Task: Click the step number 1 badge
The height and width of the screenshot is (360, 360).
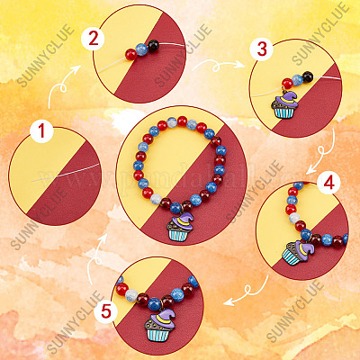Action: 41,131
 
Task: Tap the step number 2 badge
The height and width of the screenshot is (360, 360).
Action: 93,39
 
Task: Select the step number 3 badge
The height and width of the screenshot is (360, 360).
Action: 262,49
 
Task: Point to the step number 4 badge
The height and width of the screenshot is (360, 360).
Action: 329,183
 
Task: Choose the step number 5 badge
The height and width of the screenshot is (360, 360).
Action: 106,311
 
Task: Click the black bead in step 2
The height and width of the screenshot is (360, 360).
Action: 153,45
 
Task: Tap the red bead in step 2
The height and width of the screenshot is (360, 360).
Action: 131,54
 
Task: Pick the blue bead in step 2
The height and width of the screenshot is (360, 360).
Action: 141,49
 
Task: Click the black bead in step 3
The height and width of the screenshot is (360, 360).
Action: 308,76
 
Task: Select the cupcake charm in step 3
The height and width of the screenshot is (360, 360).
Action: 284,104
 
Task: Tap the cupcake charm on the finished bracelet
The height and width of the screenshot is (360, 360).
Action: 180,227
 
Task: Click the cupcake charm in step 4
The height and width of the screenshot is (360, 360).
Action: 297,253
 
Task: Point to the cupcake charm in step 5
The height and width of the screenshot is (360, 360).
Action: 160,325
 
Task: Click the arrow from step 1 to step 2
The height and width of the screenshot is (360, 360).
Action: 61,87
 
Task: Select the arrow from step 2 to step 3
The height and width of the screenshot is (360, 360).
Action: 217,66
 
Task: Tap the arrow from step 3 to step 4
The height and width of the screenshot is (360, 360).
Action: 323,152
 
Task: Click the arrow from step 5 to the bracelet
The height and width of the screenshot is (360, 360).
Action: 96,258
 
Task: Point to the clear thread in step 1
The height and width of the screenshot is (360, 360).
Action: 66,173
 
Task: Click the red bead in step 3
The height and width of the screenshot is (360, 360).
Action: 287,83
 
